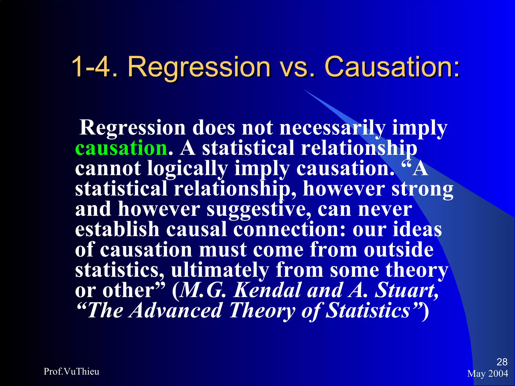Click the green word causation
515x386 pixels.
click(121, 148)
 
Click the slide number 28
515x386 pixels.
click(502, 362)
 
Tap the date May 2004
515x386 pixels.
click(488, 374)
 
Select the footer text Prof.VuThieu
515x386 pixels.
click(71, 371)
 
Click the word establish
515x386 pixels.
click(117, 229)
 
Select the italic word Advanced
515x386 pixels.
click(176, 311)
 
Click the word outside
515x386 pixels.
click(399, 250)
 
